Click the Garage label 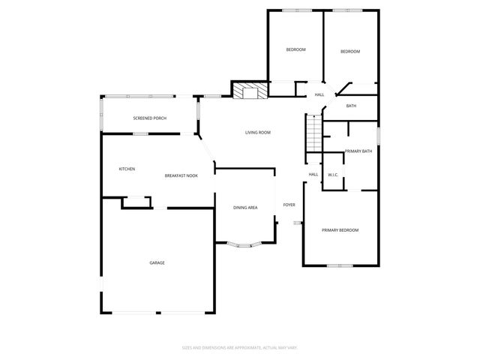coord(157,262)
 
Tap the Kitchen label coord(127,169)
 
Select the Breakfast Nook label coord(181,175)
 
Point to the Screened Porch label coord(149,118)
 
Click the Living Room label coord(257,133)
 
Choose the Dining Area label coord(245,207)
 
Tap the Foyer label coord(289,205)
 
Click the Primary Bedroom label coord(340,229)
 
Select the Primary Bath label coord(358,151)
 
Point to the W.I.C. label coord(333,175)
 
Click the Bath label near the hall coord(351,106)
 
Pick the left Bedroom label coord(295,49)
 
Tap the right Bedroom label coord(350,51)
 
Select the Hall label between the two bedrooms coord(319,94)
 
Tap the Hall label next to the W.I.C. coord(313,175)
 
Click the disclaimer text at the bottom coord(240,347)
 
